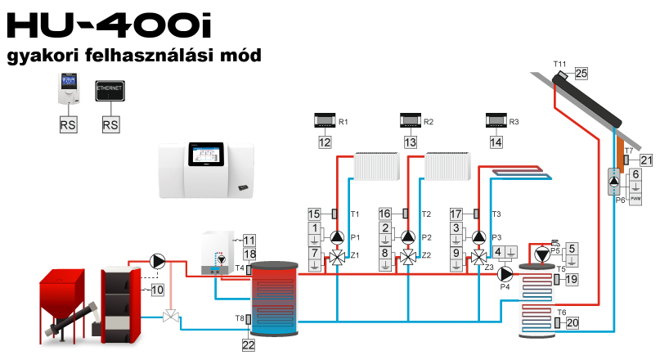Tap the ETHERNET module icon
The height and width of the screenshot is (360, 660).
(x=110, y=90)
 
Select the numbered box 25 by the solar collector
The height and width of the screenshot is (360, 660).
(x=581, y=74)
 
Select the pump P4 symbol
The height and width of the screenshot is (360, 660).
(x=505, y=273)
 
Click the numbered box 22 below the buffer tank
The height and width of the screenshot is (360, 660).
(x=249, y=345)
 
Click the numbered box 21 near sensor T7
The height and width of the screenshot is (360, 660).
(x=646, y=160)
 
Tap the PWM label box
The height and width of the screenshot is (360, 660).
(x=636, y=198)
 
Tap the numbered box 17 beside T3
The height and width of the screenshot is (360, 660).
(x=456, y=213)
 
